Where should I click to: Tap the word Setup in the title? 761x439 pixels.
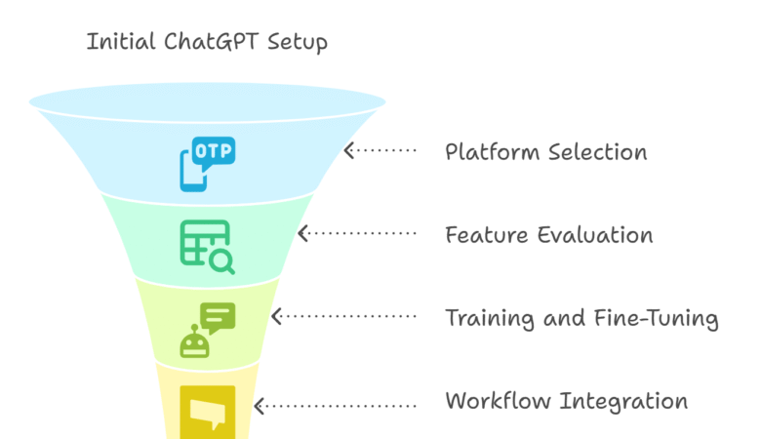pos(292,43)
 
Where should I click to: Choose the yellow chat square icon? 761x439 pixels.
pos(207,409)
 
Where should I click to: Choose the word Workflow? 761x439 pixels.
pos(493,402)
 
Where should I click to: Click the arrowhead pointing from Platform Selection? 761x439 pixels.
pos(349,151)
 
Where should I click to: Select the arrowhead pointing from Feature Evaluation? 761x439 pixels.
pos(302,234)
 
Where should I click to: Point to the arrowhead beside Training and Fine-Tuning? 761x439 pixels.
pos(276,316)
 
